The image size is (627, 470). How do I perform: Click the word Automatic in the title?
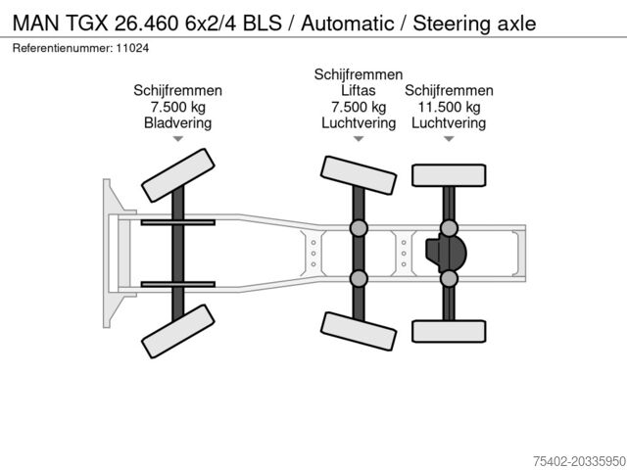coord(348,23)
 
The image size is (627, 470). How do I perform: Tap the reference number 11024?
coord(132,48)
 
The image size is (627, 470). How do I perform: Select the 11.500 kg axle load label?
coord(449,107)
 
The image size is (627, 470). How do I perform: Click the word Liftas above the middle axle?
coord(359,91)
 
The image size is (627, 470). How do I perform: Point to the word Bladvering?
coord(178,122)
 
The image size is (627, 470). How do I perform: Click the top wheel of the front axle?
coord(178,175)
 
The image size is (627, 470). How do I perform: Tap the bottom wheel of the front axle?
coord(178,331)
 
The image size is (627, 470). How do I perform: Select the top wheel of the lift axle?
coord(359,175)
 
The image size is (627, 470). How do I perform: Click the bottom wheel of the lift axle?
coord(359,331)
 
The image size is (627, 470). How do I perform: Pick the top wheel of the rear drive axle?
coord(449,175)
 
